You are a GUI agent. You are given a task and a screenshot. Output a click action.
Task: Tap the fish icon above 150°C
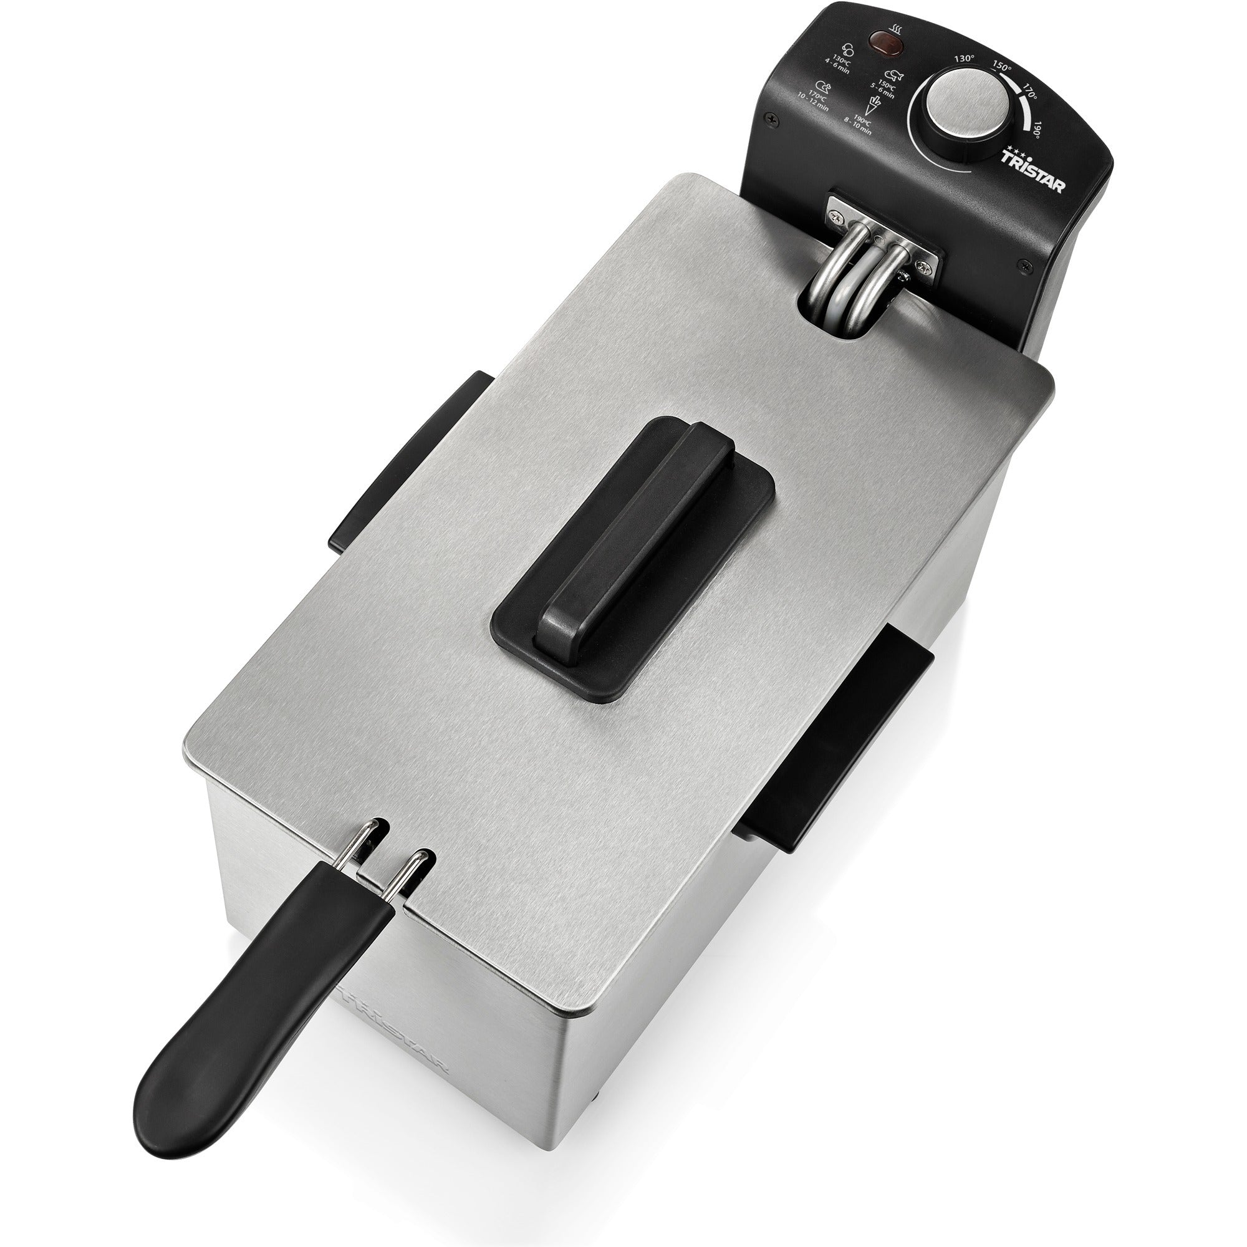893,75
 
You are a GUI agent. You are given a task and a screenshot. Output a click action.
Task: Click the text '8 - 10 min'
858,127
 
